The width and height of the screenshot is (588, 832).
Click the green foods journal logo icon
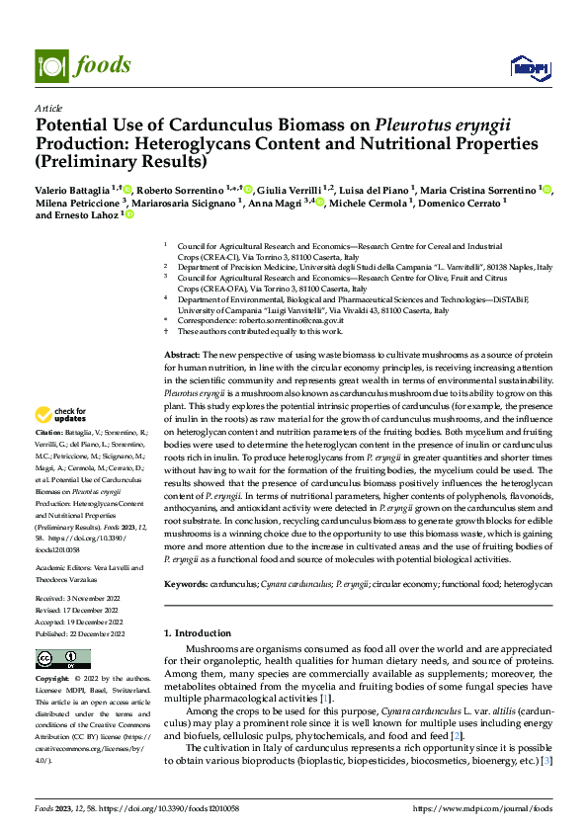pos(50,65)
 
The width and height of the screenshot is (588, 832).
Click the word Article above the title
pos(48,108)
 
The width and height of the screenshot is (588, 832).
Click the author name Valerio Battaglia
pos(72,189)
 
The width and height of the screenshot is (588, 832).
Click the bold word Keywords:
pos(186,585)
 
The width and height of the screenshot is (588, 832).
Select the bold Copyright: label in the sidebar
pos(52,680)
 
